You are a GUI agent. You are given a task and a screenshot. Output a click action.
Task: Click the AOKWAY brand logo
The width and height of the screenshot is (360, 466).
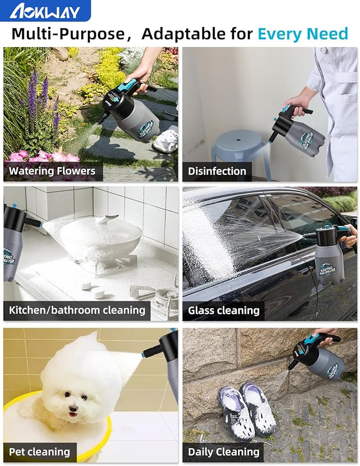point(45,11)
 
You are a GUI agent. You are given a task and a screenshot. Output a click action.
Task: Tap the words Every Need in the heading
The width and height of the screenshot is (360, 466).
point(303,33)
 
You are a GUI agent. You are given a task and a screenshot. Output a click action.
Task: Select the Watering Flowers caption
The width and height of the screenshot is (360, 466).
point(52,171)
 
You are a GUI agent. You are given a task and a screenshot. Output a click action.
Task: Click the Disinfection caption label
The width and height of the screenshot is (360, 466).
point(217,171)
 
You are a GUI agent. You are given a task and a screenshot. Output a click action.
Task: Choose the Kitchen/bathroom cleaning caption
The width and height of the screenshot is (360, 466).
point(77,310)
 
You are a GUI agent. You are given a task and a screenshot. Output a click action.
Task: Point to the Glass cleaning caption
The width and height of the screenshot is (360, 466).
point(224,311)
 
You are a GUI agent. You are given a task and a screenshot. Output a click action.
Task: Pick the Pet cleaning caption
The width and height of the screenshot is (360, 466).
point(40,452)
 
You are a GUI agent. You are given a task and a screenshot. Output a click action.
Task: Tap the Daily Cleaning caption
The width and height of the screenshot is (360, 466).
point(224,452)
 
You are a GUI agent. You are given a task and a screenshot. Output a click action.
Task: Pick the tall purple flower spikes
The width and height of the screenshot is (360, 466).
point(41,98)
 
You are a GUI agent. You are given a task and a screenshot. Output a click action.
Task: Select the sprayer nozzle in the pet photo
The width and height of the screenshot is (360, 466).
point(151,350)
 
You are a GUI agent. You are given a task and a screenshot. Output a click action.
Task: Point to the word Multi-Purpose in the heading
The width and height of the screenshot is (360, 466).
point(68,34)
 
